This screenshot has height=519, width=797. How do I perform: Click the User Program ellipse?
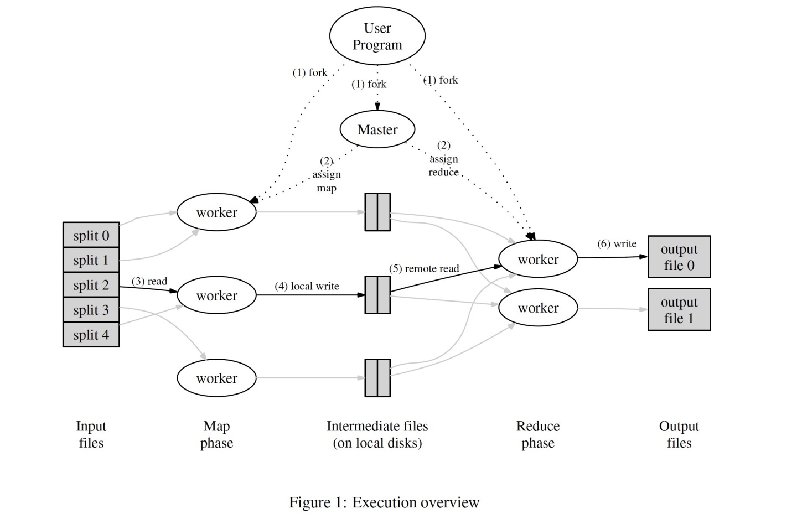pos(377,36)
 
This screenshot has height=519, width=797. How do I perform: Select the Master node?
pos(377,129)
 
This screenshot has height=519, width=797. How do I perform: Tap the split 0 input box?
pos(91,235)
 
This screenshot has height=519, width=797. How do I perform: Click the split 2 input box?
pos(91,285)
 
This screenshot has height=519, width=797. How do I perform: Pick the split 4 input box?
pos(91,335)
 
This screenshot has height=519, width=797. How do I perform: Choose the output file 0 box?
pos(679,257)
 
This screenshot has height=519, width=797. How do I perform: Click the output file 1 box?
pos(679,310)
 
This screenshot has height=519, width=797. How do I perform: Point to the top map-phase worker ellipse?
pos(216,212)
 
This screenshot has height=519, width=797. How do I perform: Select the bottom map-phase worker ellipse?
pos(216,378)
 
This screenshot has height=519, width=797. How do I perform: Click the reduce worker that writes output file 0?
pos(538,259)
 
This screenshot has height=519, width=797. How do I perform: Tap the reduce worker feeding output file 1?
pos(538,308)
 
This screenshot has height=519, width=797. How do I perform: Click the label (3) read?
pos(149,281)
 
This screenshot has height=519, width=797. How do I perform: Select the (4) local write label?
pos(307,286)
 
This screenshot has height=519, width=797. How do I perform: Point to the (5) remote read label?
pos(424,268)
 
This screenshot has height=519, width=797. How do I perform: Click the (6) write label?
pos(617,243)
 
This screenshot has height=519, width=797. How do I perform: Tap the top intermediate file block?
pos(377,212)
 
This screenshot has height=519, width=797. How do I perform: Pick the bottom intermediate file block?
pos(377,378)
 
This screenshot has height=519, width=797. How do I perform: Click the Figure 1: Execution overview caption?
pos(384,502)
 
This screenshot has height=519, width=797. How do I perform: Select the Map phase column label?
pos(216,434)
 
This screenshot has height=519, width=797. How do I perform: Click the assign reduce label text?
pos(444,165)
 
